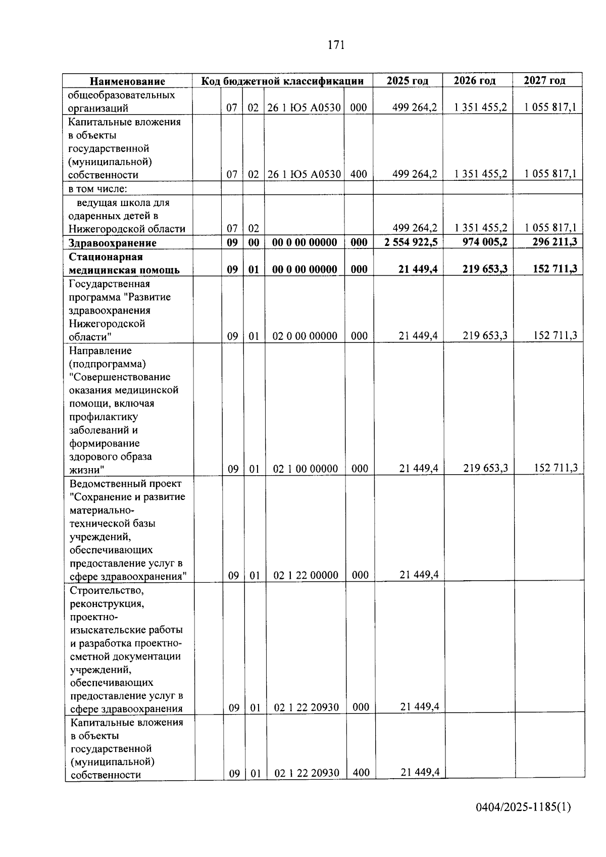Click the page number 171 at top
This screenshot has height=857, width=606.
336,45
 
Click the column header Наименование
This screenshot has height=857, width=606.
127,81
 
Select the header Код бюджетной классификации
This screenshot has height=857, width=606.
282,81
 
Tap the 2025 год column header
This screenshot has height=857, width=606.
408,80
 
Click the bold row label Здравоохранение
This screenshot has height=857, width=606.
113,243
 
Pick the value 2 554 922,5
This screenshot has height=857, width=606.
411,242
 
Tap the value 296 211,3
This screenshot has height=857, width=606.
554,241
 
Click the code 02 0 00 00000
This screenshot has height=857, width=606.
305,336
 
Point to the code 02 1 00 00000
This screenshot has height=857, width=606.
306,469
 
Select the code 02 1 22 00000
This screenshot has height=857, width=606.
306,575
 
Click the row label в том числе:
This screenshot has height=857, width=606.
98,189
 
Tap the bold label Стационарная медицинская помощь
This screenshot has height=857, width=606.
124,264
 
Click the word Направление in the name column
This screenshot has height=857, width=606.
100,350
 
